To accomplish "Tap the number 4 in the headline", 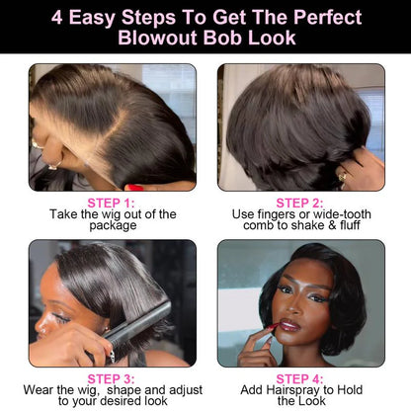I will point(58,18).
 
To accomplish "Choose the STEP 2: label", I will point(298,202).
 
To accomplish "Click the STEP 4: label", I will point(298,377).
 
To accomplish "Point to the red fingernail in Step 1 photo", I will point(132,187).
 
